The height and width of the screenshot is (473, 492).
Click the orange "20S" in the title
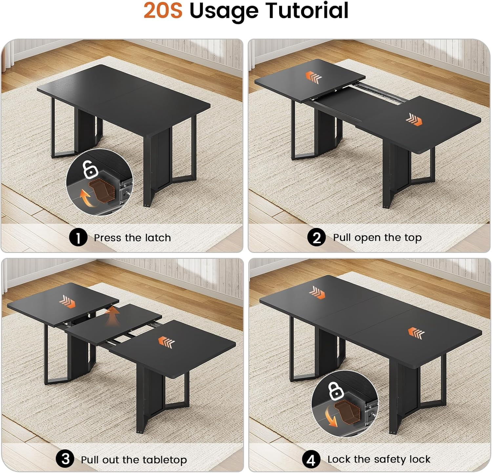(x=163, y=10)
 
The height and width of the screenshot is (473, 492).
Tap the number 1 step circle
(x=78, y=237)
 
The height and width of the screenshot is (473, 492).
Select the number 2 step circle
(x=317, y=237)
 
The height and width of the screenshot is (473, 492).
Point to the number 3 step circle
(x=65, y=459)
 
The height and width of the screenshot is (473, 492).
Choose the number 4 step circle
(x=311, y=460)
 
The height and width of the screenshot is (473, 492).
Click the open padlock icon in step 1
(x=89, y=169)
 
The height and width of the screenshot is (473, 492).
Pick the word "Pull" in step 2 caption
(x=342, y=237)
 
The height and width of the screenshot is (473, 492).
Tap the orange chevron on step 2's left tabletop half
(x=314, y=77)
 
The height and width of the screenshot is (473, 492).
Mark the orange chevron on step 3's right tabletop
(x=167, y=342)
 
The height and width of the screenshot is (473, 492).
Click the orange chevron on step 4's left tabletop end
(x=318, y=292)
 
